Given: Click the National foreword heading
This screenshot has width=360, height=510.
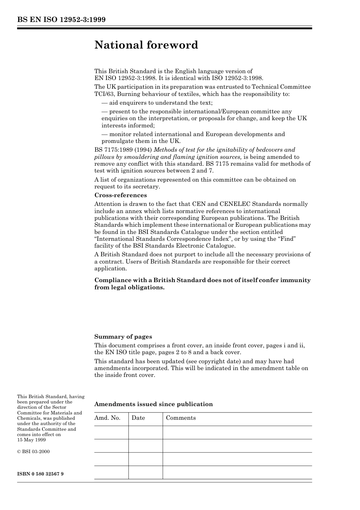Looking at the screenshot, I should point(146,45).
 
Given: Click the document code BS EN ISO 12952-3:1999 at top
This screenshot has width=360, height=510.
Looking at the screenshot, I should point(61,20).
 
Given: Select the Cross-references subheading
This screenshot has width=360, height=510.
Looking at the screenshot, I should point(121,195).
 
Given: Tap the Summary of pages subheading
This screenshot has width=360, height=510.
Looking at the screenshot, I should point(123,337).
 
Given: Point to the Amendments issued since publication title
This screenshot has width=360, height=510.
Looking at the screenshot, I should point(153,404).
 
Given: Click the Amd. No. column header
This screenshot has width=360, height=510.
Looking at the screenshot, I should point(107,418).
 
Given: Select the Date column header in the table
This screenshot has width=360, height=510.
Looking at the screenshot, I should point(138,418).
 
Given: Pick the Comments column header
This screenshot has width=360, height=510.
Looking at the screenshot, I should point(181,418).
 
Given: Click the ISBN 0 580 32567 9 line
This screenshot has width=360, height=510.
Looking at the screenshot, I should point(40,474).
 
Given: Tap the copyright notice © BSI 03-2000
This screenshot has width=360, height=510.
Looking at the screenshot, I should point(33,452).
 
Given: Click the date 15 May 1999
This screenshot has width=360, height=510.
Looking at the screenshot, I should point(31,440).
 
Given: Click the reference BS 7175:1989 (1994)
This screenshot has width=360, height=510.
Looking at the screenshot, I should point(123,150).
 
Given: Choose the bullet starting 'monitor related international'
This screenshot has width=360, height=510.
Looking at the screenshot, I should point(193,134).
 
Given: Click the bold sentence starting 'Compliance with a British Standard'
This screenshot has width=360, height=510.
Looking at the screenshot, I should point(202,284).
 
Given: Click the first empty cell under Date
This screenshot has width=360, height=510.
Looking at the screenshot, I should point(146,433).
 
